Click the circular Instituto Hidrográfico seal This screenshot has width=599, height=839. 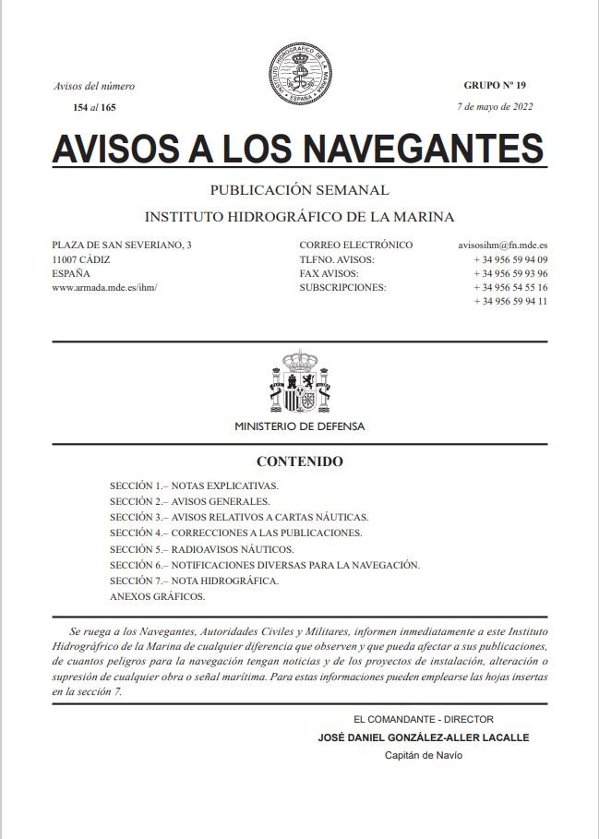coord(299,72)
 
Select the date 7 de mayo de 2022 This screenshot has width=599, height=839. coord(496,106)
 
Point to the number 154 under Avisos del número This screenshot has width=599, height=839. coord(80,108)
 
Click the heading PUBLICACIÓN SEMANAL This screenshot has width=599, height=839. coord(299,190)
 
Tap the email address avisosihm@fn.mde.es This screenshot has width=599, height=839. coord(503,246)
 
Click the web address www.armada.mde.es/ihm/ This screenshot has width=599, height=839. coord(104,287)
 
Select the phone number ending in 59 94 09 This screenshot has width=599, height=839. coord(510,259)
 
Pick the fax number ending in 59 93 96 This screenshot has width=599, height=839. coord(510,273)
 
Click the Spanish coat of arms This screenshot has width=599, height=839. coord(299,381)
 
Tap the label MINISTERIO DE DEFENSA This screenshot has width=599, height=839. coord(299,426)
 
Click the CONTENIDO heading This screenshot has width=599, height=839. coord(299,461)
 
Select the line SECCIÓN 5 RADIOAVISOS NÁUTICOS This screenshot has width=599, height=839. coord(201,549)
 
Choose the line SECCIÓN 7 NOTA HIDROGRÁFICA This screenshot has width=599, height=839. coord(194,581)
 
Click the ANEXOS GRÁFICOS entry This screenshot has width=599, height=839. coord(157,596)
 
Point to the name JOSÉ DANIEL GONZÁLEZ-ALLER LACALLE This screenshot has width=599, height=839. coord(423,737)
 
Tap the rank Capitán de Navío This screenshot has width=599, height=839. coord(423,755)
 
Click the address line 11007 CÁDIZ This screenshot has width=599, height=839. coord(82,259)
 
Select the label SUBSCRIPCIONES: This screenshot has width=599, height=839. coord(342,287)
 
